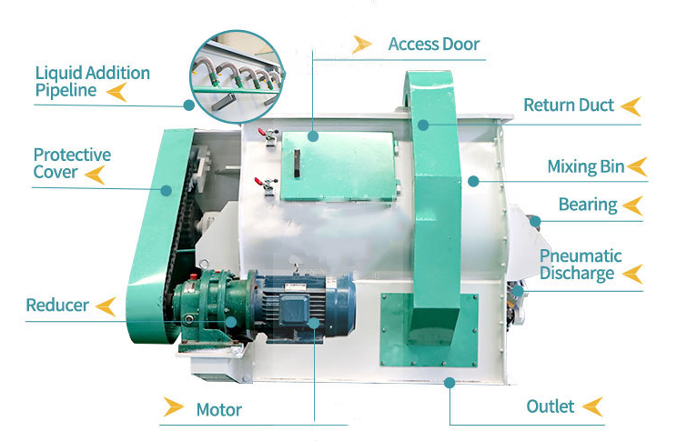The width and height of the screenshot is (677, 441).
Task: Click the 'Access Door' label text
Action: tap(434, 44)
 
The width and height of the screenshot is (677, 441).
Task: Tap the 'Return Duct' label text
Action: tap(569, 105)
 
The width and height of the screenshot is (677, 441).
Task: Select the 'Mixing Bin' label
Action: tap(586, 166)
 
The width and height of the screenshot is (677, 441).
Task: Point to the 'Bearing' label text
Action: tap(588, 205)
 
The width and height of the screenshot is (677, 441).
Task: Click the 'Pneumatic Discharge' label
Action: tap(581, 265)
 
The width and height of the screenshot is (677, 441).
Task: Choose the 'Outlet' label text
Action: tap(550, 406)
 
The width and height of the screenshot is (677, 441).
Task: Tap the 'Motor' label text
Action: tap(219, 409)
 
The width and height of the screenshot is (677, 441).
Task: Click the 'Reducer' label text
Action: tap(57, 306)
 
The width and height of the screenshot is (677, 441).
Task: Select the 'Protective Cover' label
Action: tap(72, 163)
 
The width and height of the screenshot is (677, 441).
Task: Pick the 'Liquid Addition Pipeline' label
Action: tap(93, 82)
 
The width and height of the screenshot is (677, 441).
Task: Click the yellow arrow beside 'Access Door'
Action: tap(362, 45)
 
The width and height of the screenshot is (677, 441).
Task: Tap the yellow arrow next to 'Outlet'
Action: tap(592, 406)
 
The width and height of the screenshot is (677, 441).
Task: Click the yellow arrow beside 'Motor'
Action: tap(173, 407)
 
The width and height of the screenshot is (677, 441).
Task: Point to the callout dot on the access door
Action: tap(313, 136)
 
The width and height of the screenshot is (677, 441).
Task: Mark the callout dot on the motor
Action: tap(314, 323)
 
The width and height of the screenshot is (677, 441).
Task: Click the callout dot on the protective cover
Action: tap(167, 190)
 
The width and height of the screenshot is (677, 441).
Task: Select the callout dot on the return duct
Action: tap(423, 125)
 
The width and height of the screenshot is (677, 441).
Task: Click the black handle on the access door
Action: tap(297, 164)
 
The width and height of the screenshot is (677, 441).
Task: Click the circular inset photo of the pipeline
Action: tap(237, 76)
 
